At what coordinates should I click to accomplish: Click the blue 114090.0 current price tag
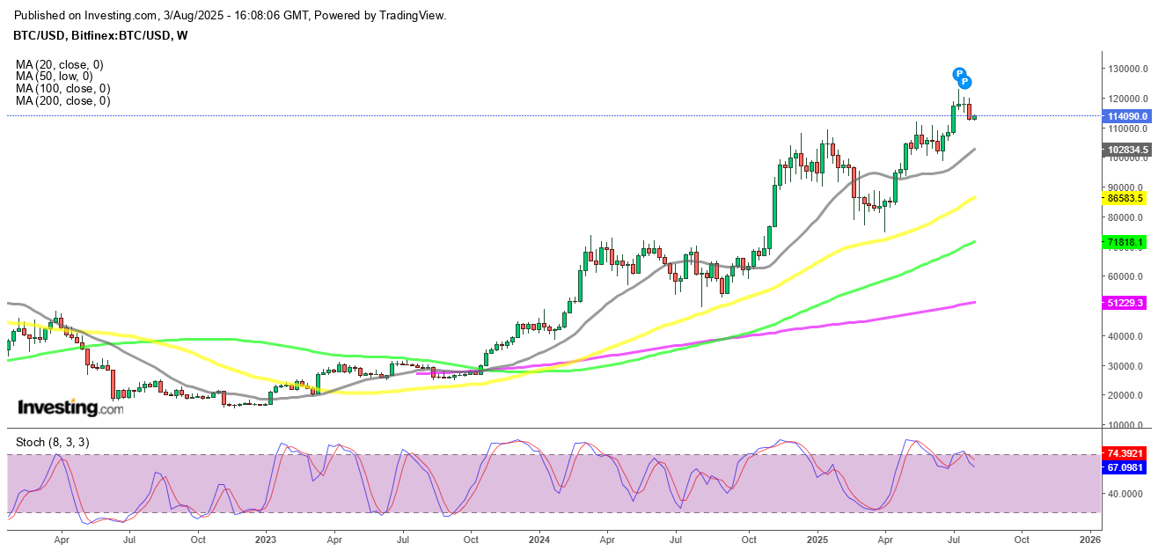click(1128, 116)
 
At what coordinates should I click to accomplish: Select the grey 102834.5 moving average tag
click(1128, 150)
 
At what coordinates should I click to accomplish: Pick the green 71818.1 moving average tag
click(1125, 241)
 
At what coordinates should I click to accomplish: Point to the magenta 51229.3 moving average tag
click(1125, 303)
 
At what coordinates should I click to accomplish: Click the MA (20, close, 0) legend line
click(59, 64)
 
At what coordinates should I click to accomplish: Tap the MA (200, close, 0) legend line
click(62, 101)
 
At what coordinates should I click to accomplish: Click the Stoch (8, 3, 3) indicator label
click(52, 442)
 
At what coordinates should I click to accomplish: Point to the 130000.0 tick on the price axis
click(1126, 69)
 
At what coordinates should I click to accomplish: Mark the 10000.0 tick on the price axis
click(1126, 425)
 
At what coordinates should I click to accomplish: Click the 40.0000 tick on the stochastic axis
click(1126, 494)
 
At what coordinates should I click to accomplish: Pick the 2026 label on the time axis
click(1090, 537)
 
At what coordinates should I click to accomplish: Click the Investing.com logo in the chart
click(71, 408)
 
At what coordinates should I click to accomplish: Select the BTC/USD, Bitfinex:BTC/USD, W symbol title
click(101, 35)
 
